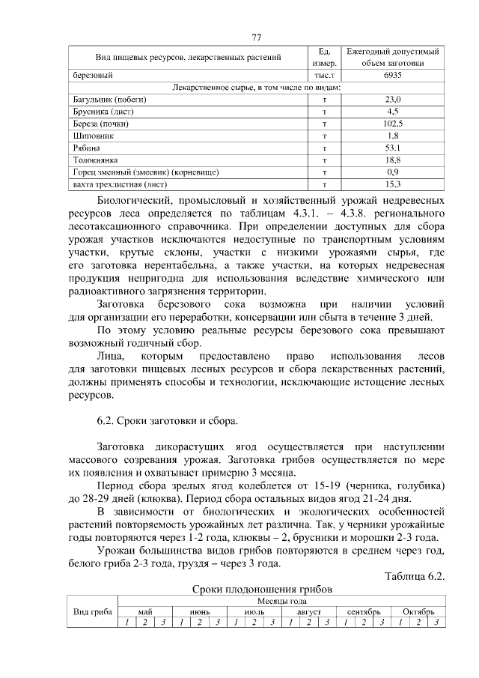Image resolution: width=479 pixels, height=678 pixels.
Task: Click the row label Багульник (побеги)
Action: [109, 100]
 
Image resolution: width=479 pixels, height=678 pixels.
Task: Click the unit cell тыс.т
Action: [324, 76]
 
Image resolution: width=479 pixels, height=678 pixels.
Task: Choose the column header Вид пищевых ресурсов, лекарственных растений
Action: [188, 58]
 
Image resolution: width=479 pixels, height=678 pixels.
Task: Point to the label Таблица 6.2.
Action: [415, 576]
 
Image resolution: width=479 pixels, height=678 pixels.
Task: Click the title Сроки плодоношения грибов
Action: [257, 589]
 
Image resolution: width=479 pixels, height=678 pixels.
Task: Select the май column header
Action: [144, 611]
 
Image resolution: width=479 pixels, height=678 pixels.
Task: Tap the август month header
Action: [307, 611]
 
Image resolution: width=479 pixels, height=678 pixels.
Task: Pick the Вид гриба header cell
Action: [92, 611]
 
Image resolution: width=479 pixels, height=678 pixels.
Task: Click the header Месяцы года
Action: [281, 601]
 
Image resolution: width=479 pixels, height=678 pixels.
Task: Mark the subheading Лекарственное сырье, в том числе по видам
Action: [257, 88]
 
